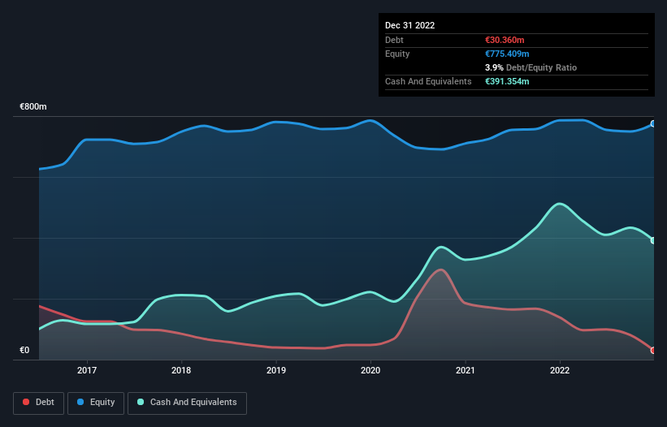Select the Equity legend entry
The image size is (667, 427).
coord(96,403)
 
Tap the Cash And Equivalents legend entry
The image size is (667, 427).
coord(187,403)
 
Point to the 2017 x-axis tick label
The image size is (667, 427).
coord(87,371)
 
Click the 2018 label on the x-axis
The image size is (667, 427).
coord(181,371)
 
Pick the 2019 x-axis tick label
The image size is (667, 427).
coord(276,371)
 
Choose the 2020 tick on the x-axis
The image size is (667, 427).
coord(370,371)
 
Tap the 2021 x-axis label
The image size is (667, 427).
coord(466,371)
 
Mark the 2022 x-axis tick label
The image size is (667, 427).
coord(560,371)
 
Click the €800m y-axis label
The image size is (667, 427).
coord(34,107)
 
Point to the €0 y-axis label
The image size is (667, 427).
coord(24,351)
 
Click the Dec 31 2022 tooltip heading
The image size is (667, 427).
coord(410,25)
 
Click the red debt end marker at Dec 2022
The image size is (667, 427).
coord(652,351)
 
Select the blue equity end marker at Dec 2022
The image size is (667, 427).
coord(652,124)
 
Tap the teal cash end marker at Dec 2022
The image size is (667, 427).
coord(652,240)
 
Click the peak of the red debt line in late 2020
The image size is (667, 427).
coord(440,270)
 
